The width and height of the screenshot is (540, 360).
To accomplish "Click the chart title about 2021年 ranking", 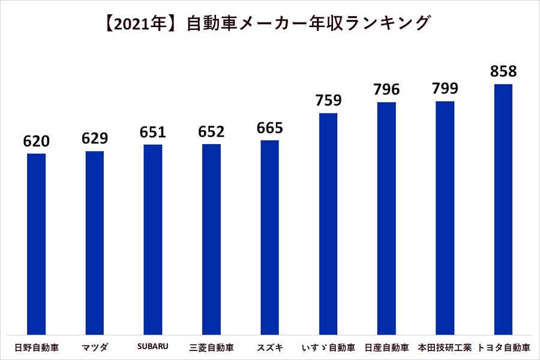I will click(270, 23).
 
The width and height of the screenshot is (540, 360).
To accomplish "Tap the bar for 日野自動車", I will click(36, 244).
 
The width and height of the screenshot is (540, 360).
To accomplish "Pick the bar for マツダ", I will click(94, 242).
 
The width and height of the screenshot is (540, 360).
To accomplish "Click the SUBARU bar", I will click(153, 239).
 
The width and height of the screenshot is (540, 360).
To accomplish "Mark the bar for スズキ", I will click(269, 237).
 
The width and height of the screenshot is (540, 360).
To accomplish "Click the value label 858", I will click(503, 71).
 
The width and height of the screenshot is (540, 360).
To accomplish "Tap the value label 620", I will click(36, 141).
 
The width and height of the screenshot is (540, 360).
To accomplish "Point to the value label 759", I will click(328, 100).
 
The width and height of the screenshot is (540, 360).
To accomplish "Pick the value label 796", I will click(386, 89).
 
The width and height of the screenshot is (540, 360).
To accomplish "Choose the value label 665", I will click(269, 128).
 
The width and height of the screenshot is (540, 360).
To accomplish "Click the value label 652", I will click(211, 132).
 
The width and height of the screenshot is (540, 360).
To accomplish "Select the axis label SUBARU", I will click(153, 347).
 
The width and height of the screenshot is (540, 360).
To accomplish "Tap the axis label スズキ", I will click(269, 347).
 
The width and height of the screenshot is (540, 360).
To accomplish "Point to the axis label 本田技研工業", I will click(445, 347).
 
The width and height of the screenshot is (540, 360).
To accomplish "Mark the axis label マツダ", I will click(94, 347).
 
